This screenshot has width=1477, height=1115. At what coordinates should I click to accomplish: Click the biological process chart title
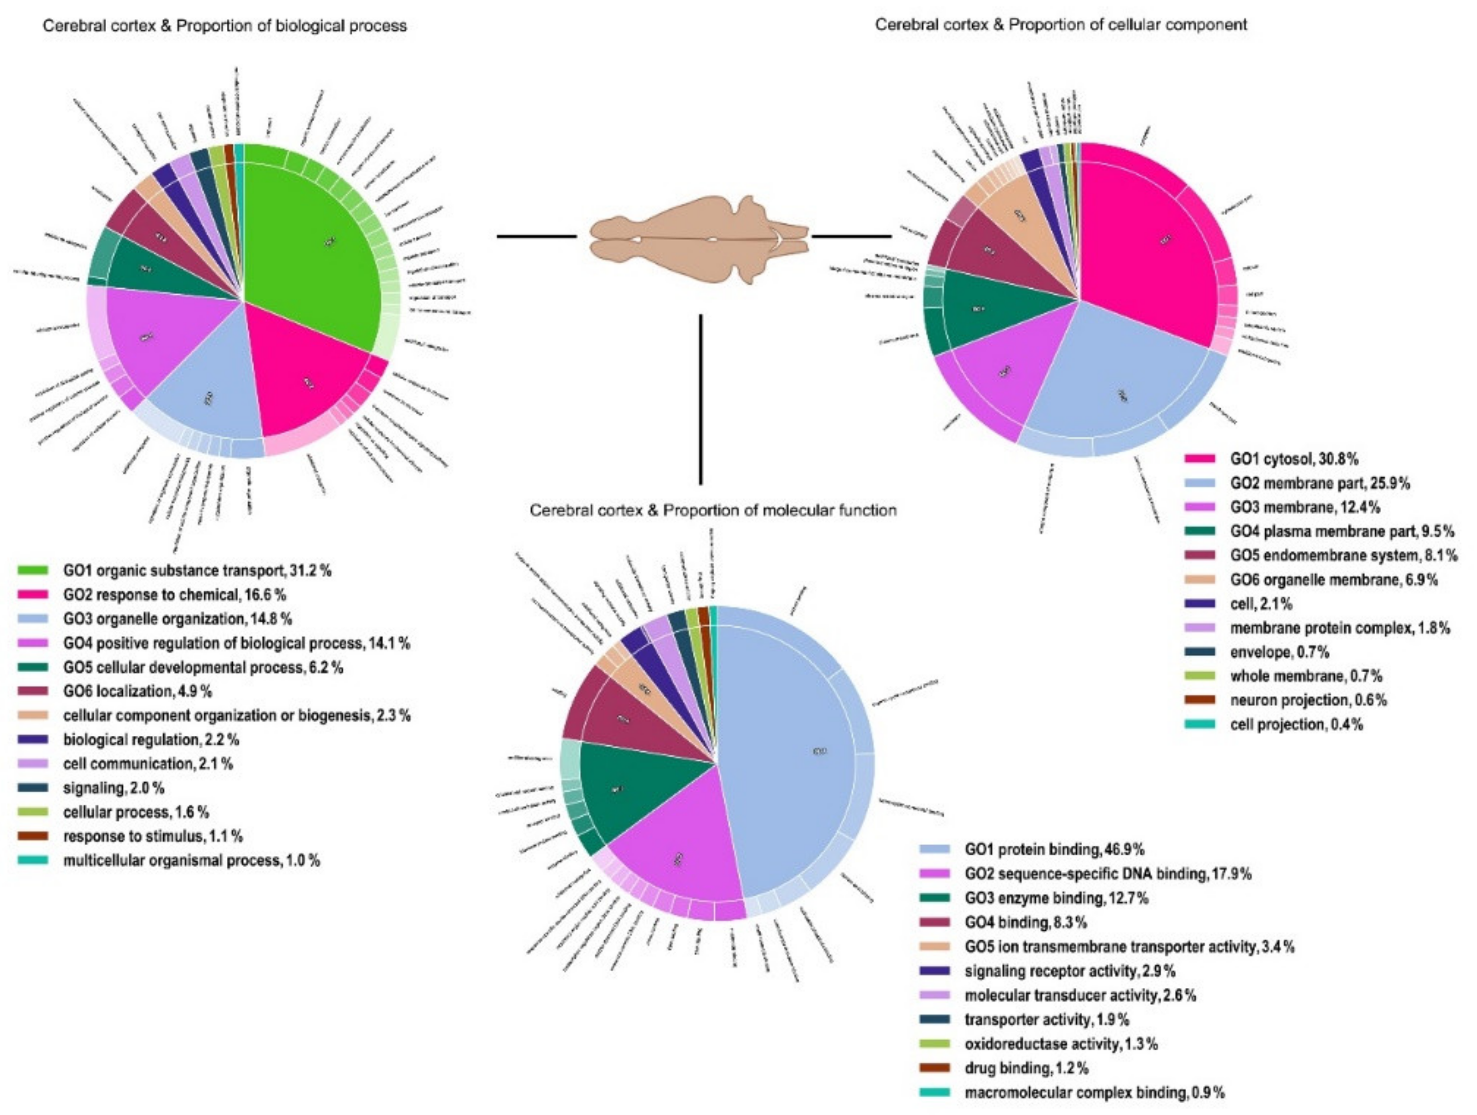(225, 26)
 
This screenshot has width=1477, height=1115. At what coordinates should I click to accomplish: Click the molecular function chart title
(713, 510)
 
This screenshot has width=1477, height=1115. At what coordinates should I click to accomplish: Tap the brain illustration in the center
(698, 237)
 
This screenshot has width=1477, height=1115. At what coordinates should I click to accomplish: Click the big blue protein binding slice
(788, 755)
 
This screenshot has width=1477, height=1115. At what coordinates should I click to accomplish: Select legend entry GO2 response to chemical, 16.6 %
(175, 595)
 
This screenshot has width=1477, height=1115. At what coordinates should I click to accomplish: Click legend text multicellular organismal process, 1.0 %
(191, 861)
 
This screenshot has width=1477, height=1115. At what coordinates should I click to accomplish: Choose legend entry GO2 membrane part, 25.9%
(1319, 483)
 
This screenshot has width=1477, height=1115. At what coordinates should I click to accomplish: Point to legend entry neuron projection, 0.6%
(1308, 700)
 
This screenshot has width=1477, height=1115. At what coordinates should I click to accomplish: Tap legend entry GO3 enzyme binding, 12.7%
(1056, 898)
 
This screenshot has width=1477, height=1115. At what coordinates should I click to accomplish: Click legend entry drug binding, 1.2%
(1026, 1068)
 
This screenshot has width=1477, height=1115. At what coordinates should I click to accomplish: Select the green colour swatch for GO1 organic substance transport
(33, 570)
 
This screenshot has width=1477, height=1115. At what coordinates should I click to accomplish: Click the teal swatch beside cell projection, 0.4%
(1199, 724)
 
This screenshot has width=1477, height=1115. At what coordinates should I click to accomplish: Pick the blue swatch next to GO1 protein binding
(934, 849)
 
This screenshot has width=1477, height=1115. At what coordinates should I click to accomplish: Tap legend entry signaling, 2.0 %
(114, 788)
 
